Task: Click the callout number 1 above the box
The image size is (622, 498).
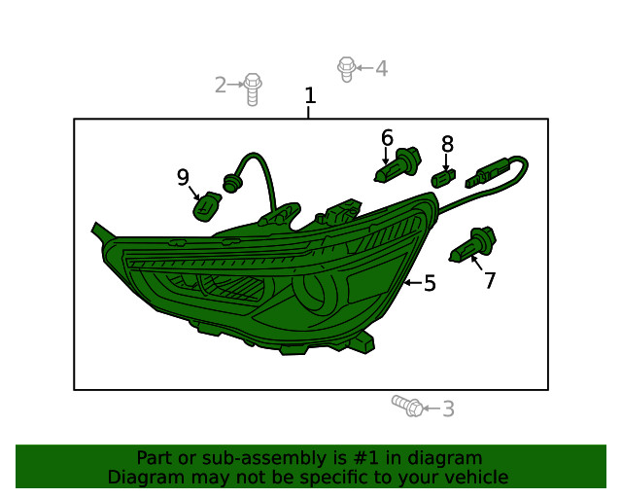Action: [x=310, y=95]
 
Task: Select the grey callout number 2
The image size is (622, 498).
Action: [x=221, y=85]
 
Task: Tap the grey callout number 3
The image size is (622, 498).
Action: [x=448, y=409]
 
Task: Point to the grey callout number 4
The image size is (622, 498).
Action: [x=381, y=68]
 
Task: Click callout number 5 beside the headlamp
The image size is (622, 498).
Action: [x=430, y=283]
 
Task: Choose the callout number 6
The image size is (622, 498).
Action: [x=387, y=138]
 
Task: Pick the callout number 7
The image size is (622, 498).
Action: [x=490, y=281]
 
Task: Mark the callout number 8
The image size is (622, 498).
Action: [x=447, y=144]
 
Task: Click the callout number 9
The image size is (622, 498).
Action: [x=183, y=177]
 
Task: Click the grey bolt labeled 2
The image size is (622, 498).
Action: [x=253, y=89]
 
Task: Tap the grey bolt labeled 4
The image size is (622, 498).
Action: [x=346, y=69]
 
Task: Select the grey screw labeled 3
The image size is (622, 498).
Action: [x=407, y=406]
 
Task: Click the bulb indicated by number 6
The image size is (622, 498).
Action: [x=397, y=165]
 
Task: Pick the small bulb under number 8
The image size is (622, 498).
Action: [x=443, y=178]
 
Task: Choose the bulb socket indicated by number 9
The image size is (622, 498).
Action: [x=207, y=206]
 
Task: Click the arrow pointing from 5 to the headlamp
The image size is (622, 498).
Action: [x=412, y=283]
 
